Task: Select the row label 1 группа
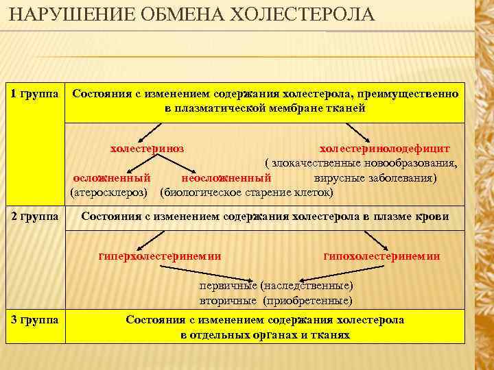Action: click(x=34, y=92)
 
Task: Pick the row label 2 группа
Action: click(x=34, y=217)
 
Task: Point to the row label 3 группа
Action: click(x=34, y=320)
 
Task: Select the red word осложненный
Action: click(x=111, y=177)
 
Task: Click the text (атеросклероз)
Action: click(x=110, y=193)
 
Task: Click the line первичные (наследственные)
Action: click(x=276, y=285)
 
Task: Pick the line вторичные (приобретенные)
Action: click(x=276, y=300)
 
